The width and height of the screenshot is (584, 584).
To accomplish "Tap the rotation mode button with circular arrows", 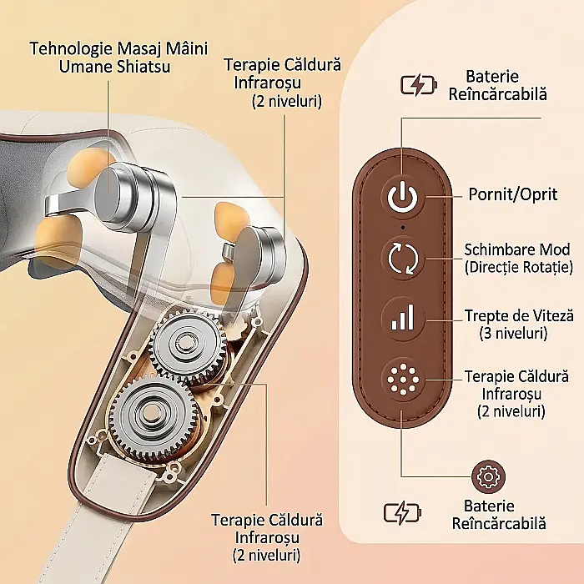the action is pyautogui.click(x=403, y=258).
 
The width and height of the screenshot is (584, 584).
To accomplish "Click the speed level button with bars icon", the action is pyautogui.click(x=403, y=318).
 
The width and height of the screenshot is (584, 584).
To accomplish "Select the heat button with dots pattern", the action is pyautogui.click(x=403, y=380).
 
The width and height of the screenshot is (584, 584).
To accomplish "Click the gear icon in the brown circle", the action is pyautogui.click(x=488, y=476).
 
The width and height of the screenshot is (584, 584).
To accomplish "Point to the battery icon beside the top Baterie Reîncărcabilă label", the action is pyautogui.click(x=419, y=85).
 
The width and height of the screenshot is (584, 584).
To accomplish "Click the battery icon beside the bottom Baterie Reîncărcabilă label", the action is pyautogui.click(x=402, y=512).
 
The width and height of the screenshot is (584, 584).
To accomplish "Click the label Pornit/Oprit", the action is pyautogui.click(x=513, y=194).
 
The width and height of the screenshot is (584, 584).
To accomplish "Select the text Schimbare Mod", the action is pyautogui.click(x=517, y=249).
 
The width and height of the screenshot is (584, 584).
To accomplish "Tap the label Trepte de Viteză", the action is pyautogui.click(x=519, y=316).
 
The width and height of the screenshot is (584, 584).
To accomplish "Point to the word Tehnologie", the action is pyautogui.click(x=71, y=48).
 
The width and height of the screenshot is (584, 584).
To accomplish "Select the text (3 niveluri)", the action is pyautogui.click(x=513, y=333).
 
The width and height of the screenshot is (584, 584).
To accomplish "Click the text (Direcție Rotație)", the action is pyautogui.click(x=519, y=267).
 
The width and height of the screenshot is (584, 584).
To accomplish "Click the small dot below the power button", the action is pyautogui.click(x=403, y=227).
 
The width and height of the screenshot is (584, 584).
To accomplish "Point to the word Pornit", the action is pyautogui.click(x=491, y=194).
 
